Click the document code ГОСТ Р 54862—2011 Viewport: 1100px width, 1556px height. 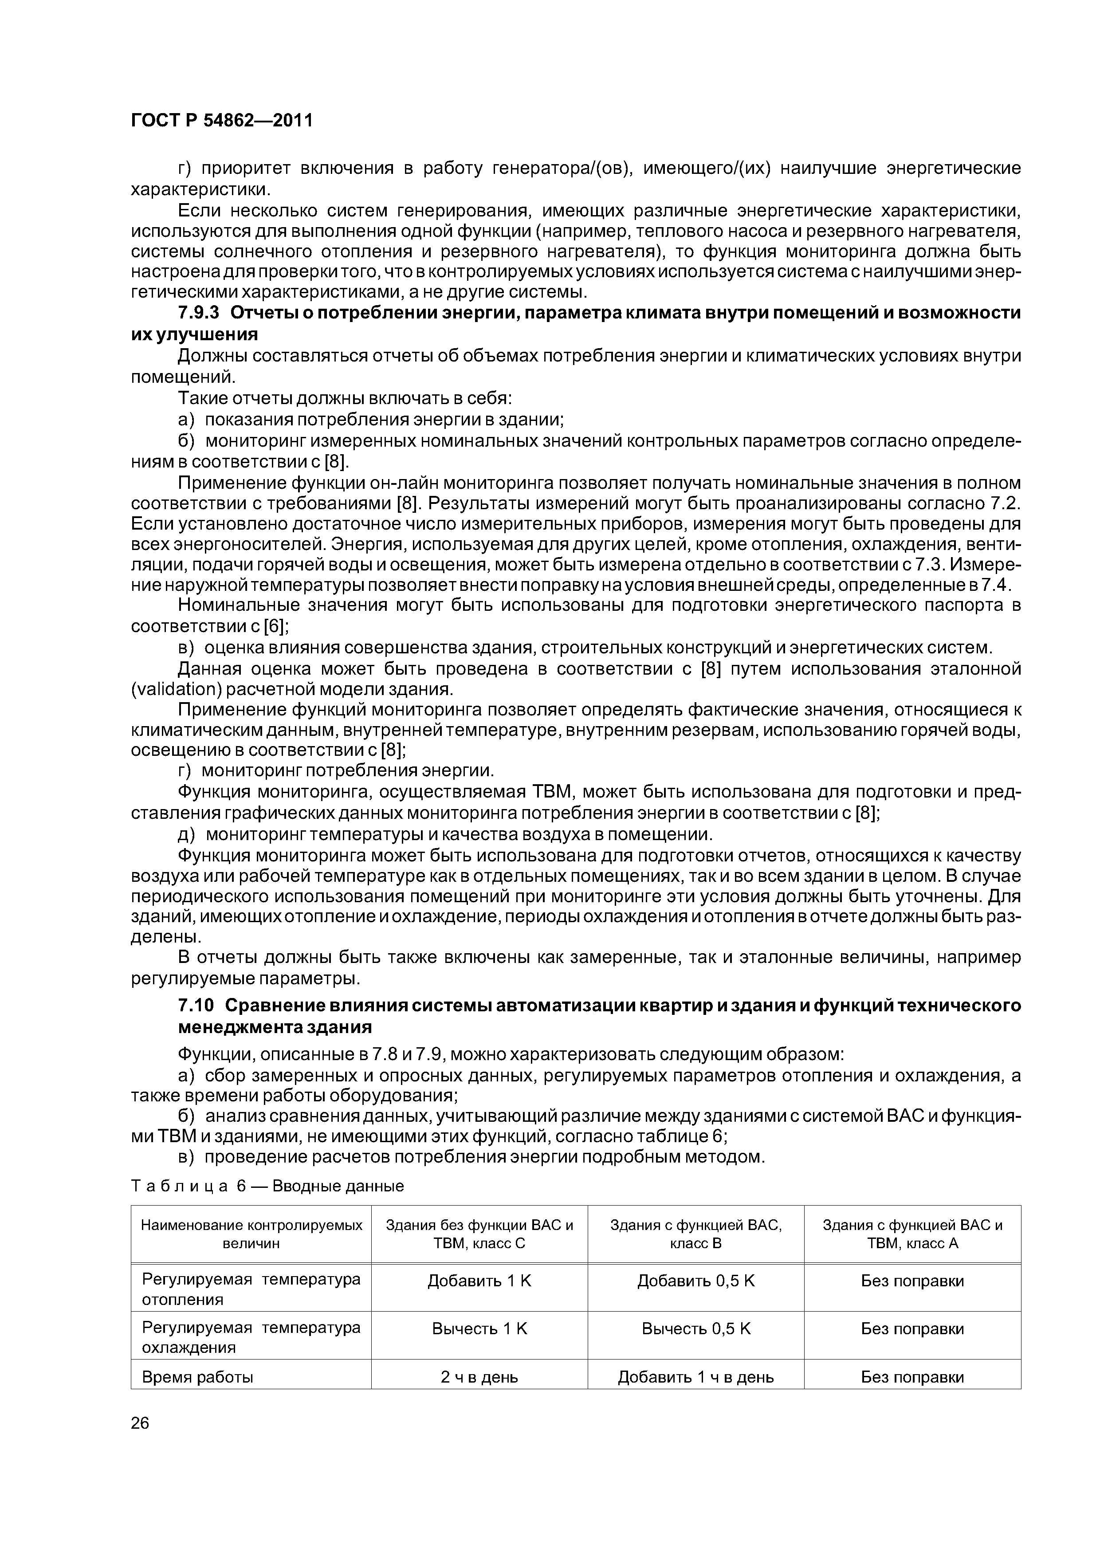[222, 121]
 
